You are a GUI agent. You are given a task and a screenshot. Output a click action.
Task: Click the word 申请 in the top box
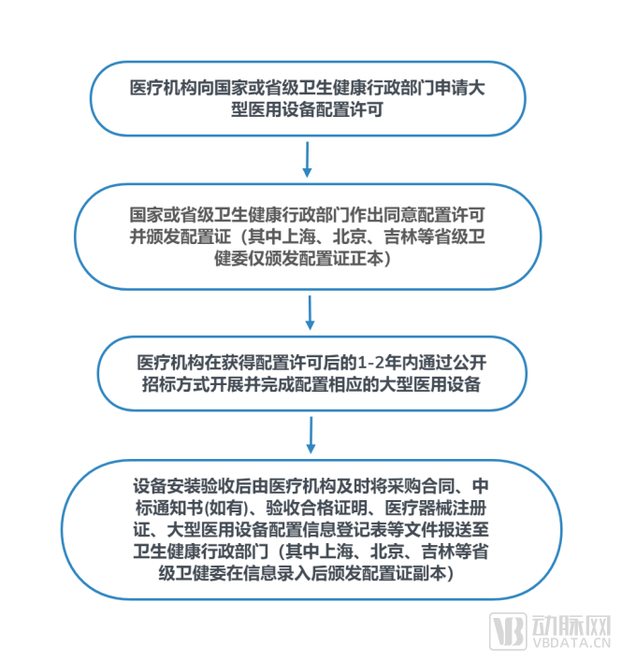click(444, 88)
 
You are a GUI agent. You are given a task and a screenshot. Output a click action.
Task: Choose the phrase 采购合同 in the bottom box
click(419, 486)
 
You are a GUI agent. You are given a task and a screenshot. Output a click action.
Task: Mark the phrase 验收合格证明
click(312, 509)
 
